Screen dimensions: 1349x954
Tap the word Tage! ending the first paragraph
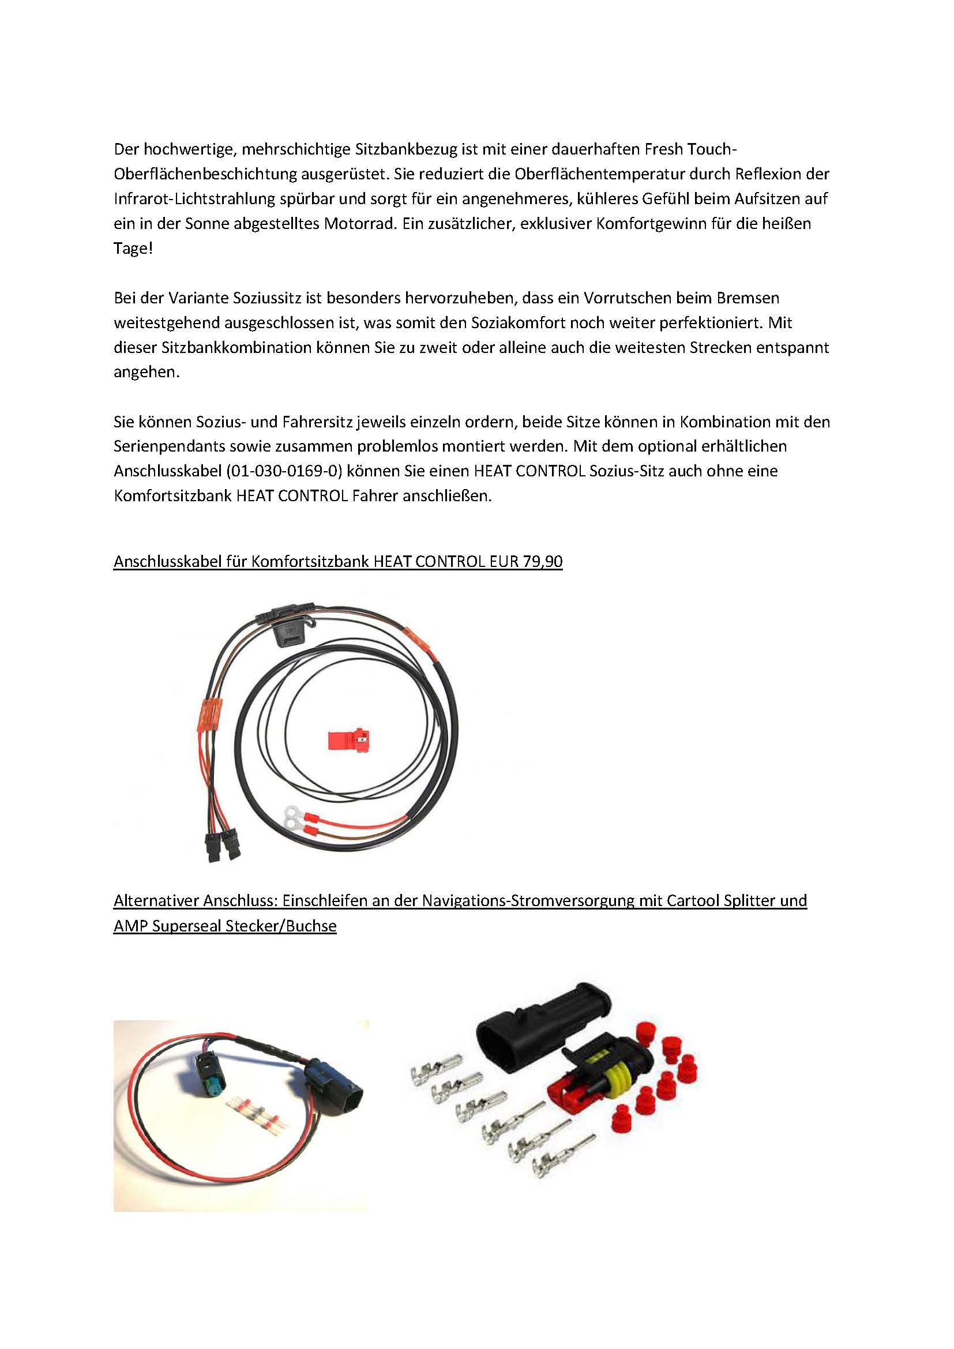133,249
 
